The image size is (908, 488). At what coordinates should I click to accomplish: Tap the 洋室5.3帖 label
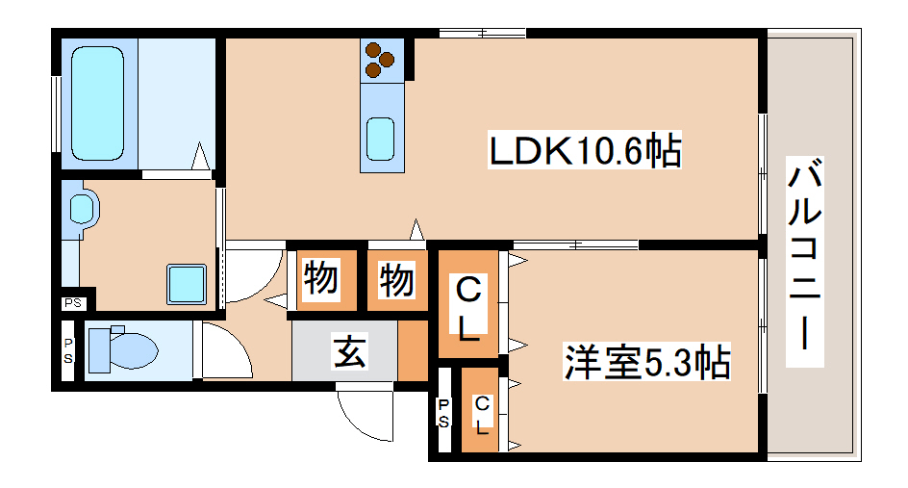(646, 362)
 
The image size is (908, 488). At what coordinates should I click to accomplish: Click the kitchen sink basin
(381, 140)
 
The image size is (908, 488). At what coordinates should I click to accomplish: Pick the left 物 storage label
(321, 280)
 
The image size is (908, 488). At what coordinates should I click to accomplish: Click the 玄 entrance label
(348, 352)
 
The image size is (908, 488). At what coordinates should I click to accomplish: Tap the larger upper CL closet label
(468, 309)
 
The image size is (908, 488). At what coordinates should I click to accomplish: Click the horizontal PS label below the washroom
(73, 303)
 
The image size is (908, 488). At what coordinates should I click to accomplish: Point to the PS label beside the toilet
(68, 352)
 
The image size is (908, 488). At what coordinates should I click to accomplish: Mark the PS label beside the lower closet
(444, 413)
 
